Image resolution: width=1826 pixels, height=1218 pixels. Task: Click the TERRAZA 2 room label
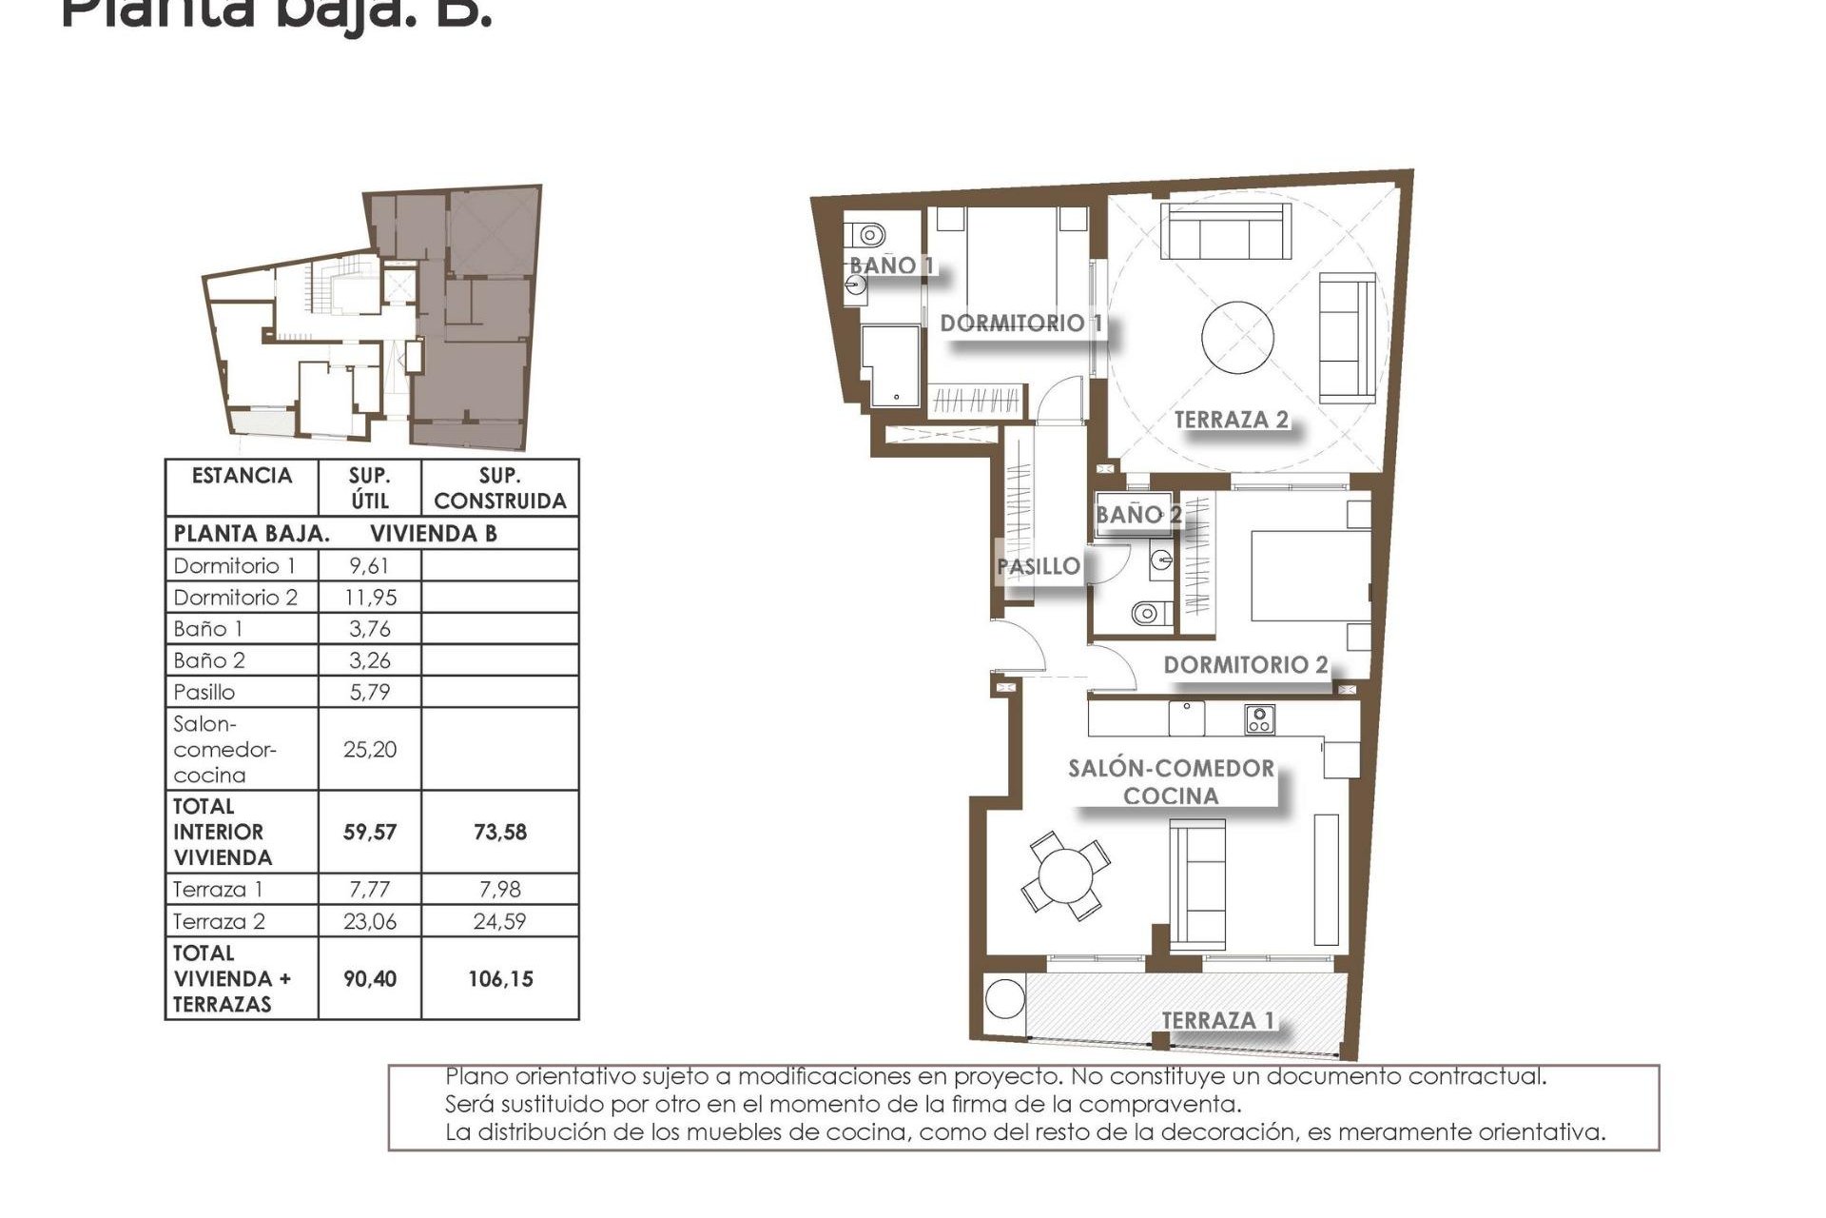click(1231, 420)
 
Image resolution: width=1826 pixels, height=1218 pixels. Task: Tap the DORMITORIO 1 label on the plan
click(1021, 324)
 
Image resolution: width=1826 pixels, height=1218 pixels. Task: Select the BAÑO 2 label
click(1138, 515)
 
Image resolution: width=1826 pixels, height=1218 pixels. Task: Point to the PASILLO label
click(1038, 566)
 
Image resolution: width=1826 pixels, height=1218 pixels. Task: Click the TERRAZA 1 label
click(1217, 1020)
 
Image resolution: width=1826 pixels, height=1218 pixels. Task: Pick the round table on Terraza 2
click(1237, 338)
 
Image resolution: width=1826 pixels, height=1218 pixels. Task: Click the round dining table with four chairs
click(1065, 875)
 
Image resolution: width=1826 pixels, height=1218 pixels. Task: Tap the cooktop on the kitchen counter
click(1260, 719)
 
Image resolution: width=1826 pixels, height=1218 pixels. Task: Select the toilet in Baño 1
click(866, 234)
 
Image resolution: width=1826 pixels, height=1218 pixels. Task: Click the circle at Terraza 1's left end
click(1004, 998)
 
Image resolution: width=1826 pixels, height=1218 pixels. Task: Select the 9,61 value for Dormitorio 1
click(369, 566)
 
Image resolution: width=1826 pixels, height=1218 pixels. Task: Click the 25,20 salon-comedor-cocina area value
click(369, 750)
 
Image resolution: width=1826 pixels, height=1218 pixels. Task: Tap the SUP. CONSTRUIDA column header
click(499, 488)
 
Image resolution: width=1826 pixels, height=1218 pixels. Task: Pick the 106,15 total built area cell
click(500, 979)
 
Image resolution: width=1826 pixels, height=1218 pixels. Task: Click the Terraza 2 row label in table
click(219, 921)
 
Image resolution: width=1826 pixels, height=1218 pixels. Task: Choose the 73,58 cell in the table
click(500, 833)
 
